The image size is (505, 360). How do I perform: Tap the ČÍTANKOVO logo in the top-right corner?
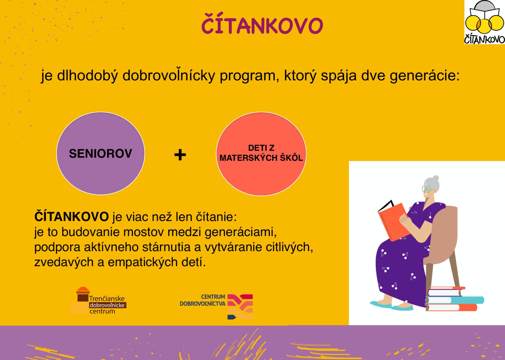[x=484, y=22]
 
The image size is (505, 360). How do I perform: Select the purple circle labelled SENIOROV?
[x=100, y=153]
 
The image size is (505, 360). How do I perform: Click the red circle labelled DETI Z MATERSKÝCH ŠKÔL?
[x=261, y=154]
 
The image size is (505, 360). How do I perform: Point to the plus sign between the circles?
[x=180, y=155]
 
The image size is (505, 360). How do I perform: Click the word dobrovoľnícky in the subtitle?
[x=169, y=76]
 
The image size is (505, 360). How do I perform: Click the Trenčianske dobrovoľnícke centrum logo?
[x=99, y=301]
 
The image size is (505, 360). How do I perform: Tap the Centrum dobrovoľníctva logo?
[x=216, y=306]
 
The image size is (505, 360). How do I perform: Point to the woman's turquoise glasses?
[x=427, y=189]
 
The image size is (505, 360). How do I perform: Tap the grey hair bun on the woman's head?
[x=436, y=178]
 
